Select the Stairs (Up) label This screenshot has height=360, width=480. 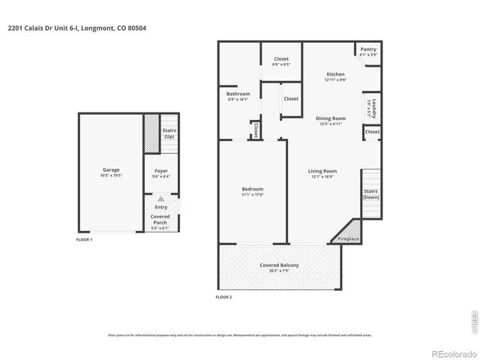click(x=169, y=133)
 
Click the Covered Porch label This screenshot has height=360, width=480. click(x=160, y=219)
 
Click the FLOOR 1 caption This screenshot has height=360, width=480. click(x=85, y=239)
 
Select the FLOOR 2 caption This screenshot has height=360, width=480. click(x=223, y=298)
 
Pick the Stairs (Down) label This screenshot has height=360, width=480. click(x=371, y=194)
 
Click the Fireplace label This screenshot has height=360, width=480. click(x=348, y=238)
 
